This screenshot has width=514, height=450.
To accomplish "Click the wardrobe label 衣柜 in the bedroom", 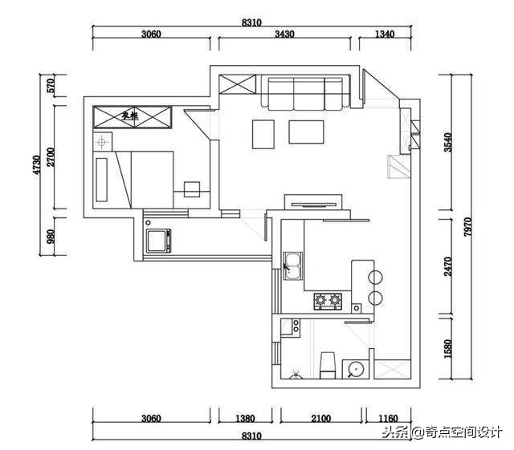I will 131,116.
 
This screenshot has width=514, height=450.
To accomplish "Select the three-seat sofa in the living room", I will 306,93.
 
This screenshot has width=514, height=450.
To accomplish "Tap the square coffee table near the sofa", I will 263,134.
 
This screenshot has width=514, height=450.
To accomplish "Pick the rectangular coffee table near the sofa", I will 306,132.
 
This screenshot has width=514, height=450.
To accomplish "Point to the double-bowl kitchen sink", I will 292,265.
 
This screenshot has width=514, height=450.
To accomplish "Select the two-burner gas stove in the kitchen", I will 328,302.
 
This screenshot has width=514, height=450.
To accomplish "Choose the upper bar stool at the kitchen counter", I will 374,278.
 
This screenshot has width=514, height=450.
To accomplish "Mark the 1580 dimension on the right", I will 449,348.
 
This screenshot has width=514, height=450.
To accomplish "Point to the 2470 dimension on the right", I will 449,267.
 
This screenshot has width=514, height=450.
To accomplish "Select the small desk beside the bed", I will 191,189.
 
